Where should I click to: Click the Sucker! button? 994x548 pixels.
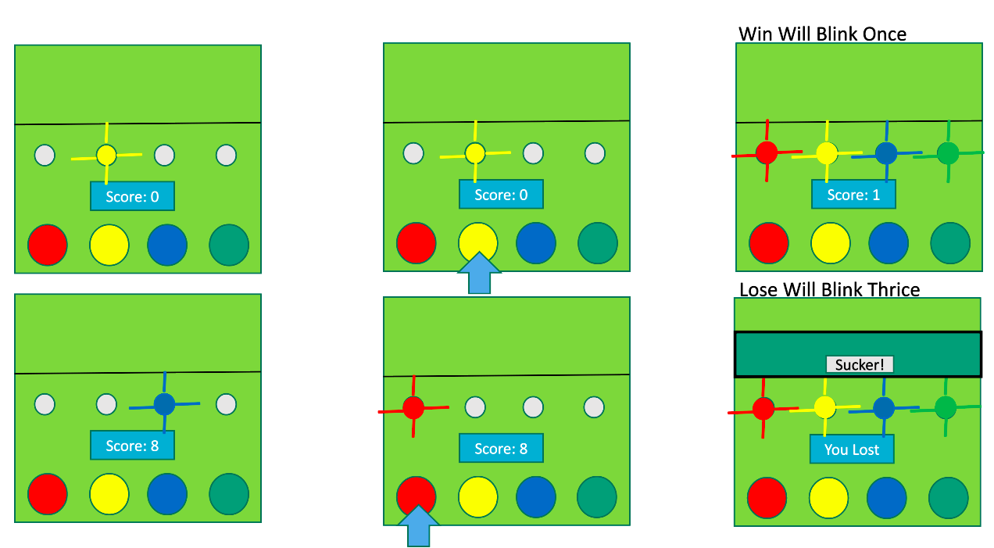[859, 364]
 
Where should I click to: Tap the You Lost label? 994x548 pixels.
[851, 450]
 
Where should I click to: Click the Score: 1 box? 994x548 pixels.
[853, 195]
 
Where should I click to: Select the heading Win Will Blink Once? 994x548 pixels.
[822, 34]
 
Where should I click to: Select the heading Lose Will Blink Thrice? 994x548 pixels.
[829, 289]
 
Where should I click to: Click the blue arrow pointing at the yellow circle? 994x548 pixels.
[479, 273]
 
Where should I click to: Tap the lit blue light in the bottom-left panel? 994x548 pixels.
[164, 403]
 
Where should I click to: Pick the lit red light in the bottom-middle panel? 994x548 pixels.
[413, 407]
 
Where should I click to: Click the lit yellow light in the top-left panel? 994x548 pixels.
[107, 155]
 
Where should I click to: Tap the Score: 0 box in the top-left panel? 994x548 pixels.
[132, 196]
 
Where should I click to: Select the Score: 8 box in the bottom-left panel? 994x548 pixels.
[132, 446]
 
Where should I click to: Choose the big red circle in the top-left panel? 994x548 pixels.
[48, 245]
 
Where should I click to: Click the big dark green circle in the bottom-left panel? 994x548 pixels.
[229, 494]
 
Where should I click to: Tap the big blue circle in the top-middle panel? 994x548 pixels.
[536, 242]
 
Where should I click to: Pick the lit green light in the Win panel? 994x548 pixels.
[948, 152]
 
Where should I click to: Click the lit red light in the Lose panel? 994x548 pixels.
[763, 408]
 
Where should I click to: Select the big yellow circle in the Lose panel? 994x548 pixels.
[829, 498]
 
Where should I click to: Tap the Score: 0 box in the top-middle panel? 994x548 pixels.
[501, 195]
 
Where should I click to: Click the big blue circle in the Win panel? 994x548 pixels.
[889, 242]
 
